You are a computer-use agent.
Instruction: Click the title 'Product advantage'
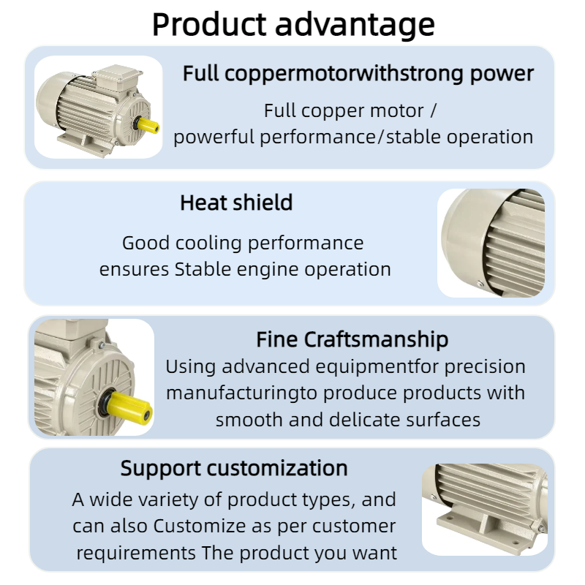[293, 25]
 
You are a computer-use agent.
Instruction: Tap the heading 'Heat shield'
[236, 203]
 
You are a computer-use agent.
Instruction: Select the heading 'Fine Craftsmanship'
[352, 339]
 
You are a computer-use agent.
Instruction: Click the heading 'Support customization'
[234, 468]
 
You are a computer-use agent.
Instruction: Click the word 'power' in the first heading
[502, 75]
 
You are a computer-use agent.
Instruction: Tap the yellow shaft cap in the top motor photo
[148, 124]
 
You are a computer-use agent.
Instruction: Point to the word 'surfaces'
[443, 420]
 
